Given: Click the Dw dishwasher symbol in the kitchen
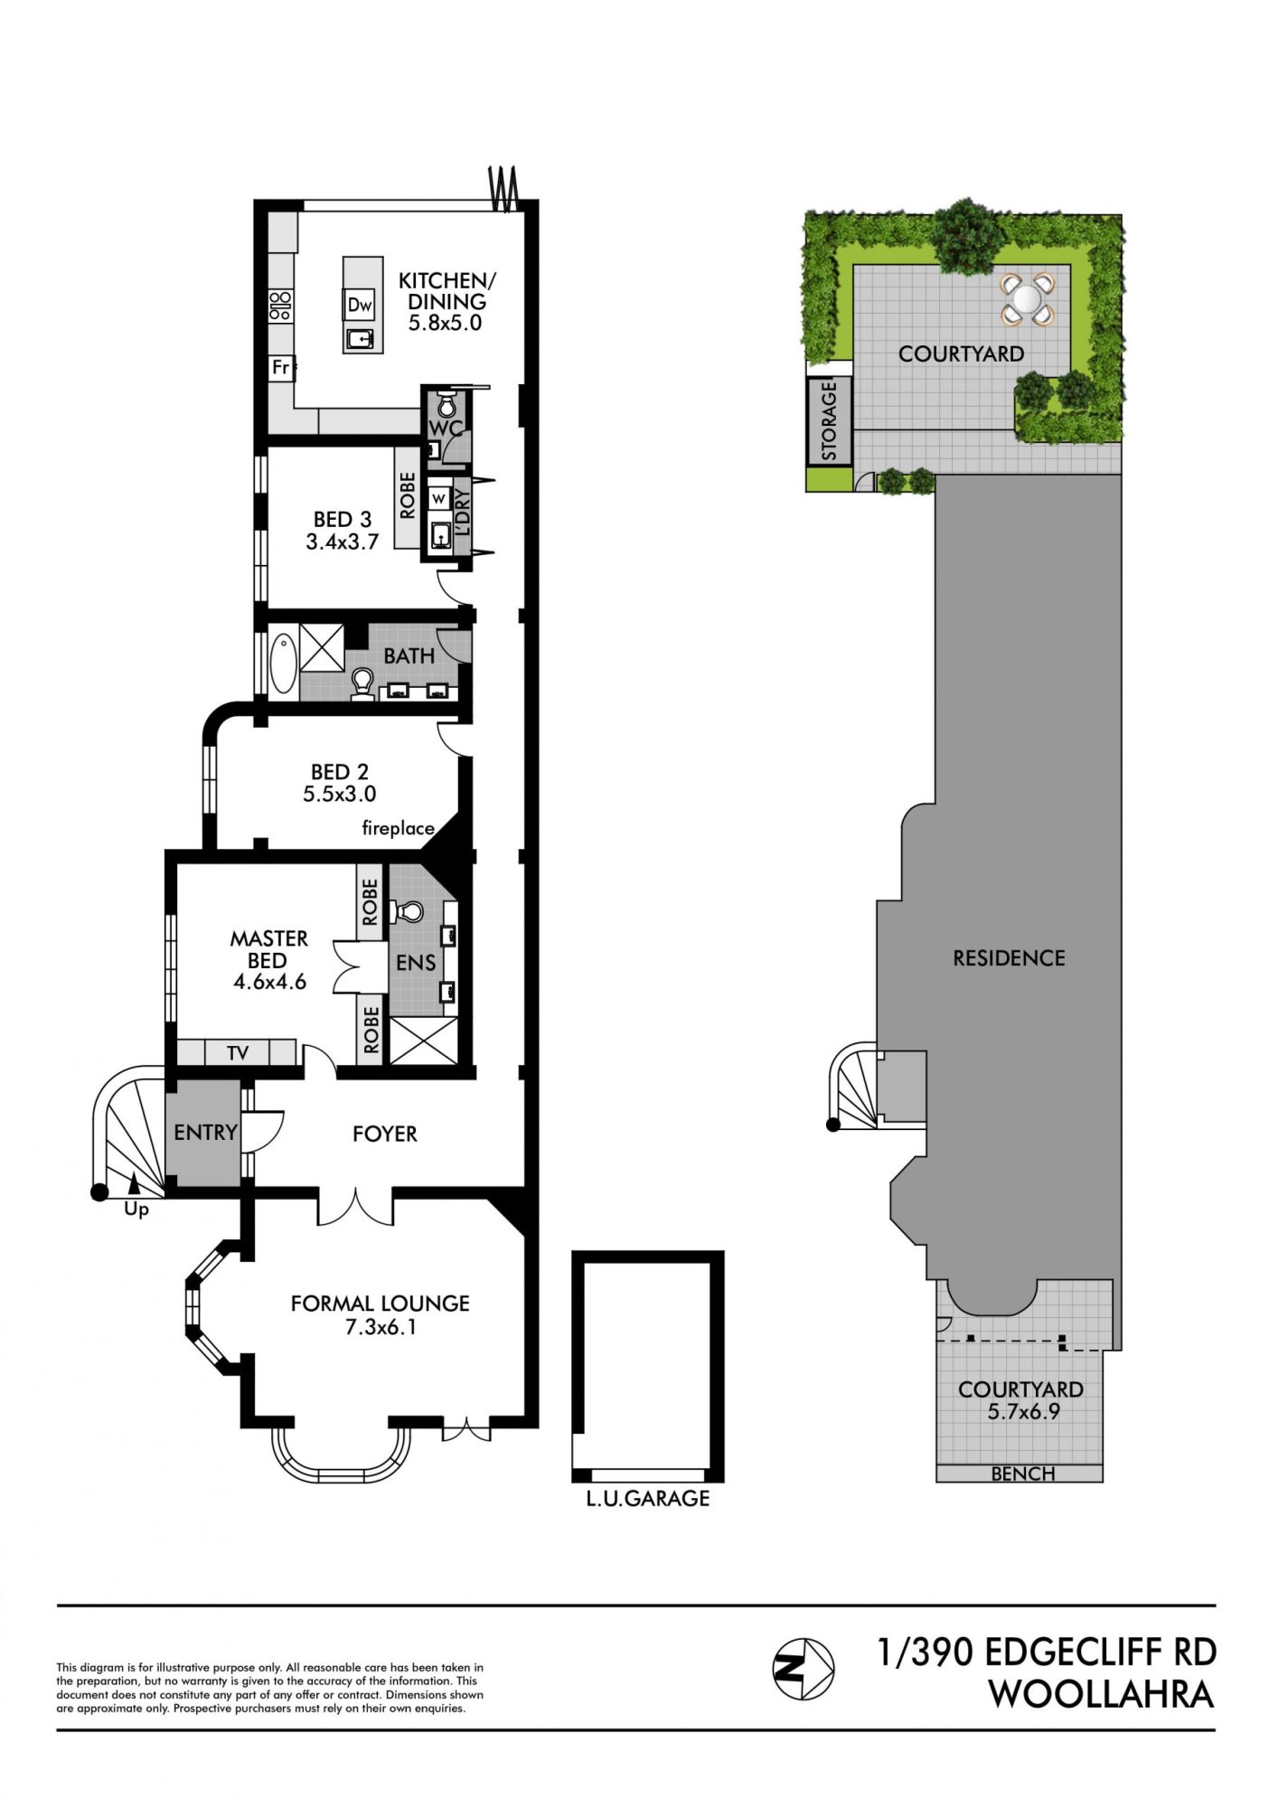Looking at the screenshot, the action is (360, 306).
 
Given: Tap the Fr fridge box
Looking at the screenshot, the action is (281, 368).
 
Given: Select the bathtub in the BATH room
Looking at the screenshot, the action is (283, 664).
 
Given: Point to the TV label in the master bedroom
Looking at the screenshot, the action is (238, 1052).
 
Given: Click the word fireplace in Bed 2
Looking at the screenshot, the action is (398, 828).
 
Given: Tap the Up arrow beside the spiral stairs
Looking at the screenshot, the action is (134, 1182).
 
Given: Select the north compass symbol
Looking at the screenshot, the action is (803, 1668).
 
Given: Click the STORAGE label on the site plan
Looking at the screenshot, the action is (830, 420).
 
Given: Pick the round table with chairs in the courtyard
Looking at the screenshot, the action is (1027, 298).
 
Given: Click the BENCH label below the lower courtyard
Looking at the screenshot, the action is (1022, 1474).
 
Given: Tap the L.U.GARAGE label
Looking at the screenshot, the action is (648, 1498).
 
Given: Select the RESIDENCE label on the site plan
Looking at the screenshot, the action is (1009, 958).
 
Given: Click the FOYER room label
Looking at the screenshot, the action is (385, 1134).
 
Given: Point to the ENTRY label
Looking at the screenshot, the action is (205, 1132).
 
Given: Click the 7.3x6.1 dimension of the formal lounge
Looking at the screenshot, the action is (381, 1327).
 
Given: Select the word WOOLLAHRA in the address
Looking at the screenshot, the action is (1101, 1693).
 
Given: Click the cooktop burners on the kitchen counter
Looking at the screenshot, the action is (280, 306).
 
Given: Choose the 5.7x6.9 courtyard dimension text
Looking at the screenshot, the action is (1023, 1411).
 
